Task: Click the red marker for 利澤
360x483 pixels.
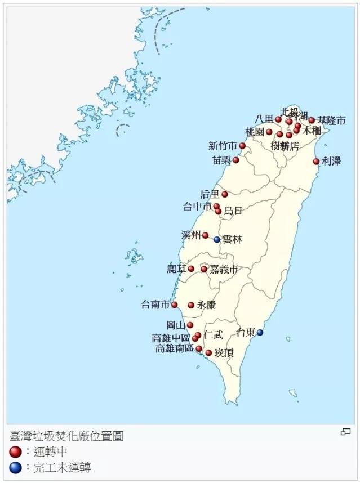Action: click(316, 162)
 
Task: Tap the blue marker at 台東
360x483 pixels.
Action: click(260, 333)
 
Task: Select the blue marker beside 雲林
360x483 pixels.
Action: click(217, 239)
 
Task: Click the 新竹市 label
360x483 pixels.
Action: click(223, 146)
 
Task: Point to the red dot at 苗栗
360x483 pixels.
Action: click(236, 160)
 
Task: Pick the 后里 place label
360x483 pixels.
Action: click(210, 194)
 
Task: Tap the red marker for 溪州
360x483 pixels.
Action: click(205, 235)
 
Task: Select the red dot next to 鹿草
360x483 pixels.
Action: click(191, 269)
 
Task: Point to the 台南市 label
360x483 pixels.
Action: click(155, 305)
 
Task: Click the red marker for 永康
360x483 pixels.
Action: click(191, 305)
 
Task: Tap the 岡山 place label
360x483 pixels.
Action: click(176, 325)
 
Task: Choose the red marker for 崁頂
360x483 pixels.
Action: click(208, 353)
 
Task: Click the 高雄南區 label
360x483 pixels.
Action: click(175, 349)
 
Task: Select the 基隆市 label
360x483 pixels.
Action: click(331, 120)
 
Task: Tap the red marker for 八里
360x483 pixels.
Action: click(278, 119)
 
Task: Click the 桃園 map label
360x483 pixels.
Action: click(255, 132)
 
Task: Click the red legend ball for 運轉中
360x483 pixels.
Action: click(16, 451)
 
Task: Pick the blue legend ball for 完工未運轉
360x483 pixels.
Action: click(16, 467)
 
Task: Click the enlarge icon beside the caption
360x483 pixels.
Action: click(346, 432)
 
